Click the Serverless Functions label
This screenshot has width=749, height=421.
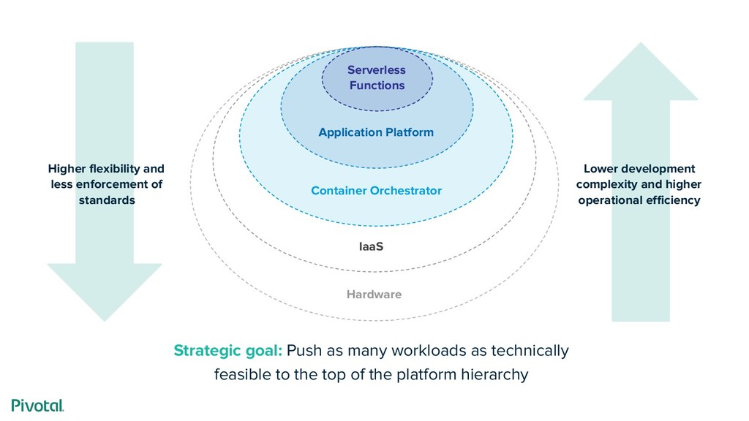point(376,77)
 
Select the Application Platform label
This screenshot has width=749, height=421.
point(376,132)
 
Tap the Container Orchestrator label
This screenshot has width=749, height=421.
point(376,191)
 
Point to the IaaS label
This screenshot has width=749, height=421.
point(371,246)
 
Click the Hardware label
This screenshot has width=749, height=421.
point(374,295)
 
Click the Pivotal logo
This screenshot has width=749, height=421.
point(37,406)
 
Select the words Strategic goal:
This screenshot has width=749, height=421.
point(227,351)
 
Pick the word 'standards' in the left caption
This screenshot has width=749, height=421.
point(107,200)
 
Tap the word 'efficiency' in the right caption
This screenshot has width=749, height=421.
point(674,200)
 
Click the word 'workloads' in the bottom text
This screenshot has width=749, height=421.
point(426,351)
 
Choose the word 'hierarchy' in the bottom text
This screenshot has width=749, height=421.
point(495,376)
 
